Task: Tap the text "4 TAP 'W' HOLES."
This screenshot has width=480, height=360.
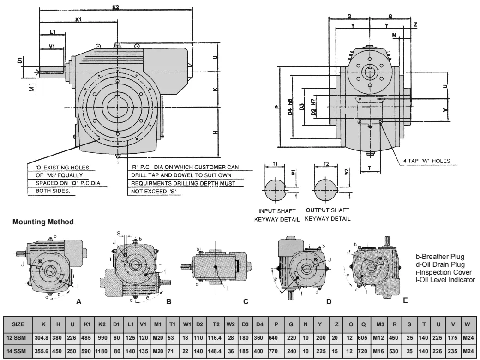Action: [426, 162]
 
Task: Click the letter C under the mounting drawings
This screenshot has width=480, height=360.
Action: [246, 301]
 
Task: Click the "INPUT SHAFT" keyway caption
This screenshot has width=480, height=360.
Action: [276, 211]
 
